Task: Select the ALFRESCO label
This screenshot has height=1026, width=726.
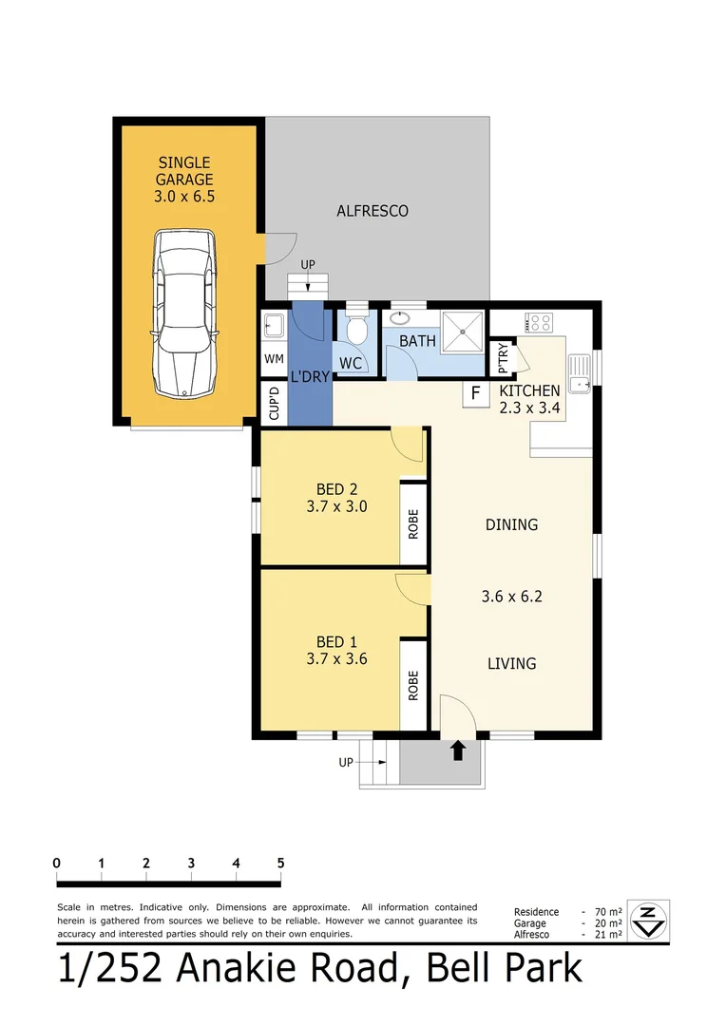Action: click(x=373, y=211)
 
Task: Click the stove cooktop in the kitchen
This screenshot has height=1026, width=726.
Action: click(x=539, y=323)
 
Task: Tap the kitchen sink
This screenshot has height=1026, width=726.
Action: click(x=578, y=372)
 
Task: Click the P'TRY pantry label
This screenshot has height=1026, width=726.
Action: click(x=503, y=358)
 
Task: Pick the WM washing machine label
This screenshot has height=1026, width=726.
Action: click(x=274, y=359)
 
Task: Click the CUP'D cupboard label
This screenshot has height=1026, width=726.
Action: click(x=274, y=404)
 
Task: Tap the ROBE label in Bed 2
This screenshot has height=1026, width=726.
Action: click(x=413, y=524)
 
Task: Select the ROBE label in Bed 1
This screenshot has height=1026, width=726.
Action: click(x=413, y=686)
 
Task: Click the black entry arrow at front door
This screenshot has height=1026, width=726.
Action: click(x=457, y=750)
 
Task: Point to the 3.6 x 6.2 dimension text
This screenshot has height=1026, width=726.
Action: click(x=511, y=597)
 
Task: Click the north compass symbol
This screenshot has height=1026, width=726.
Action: click(x=649, y=920)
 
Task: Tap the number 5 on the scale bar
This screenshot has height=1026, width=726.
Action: click(x=280, y=863)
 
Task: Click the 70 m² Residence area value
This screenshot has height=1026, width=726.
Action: click(x=608, y=911)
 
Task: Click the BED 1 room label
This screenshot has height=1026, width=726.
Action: click(x=323, y=642)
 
